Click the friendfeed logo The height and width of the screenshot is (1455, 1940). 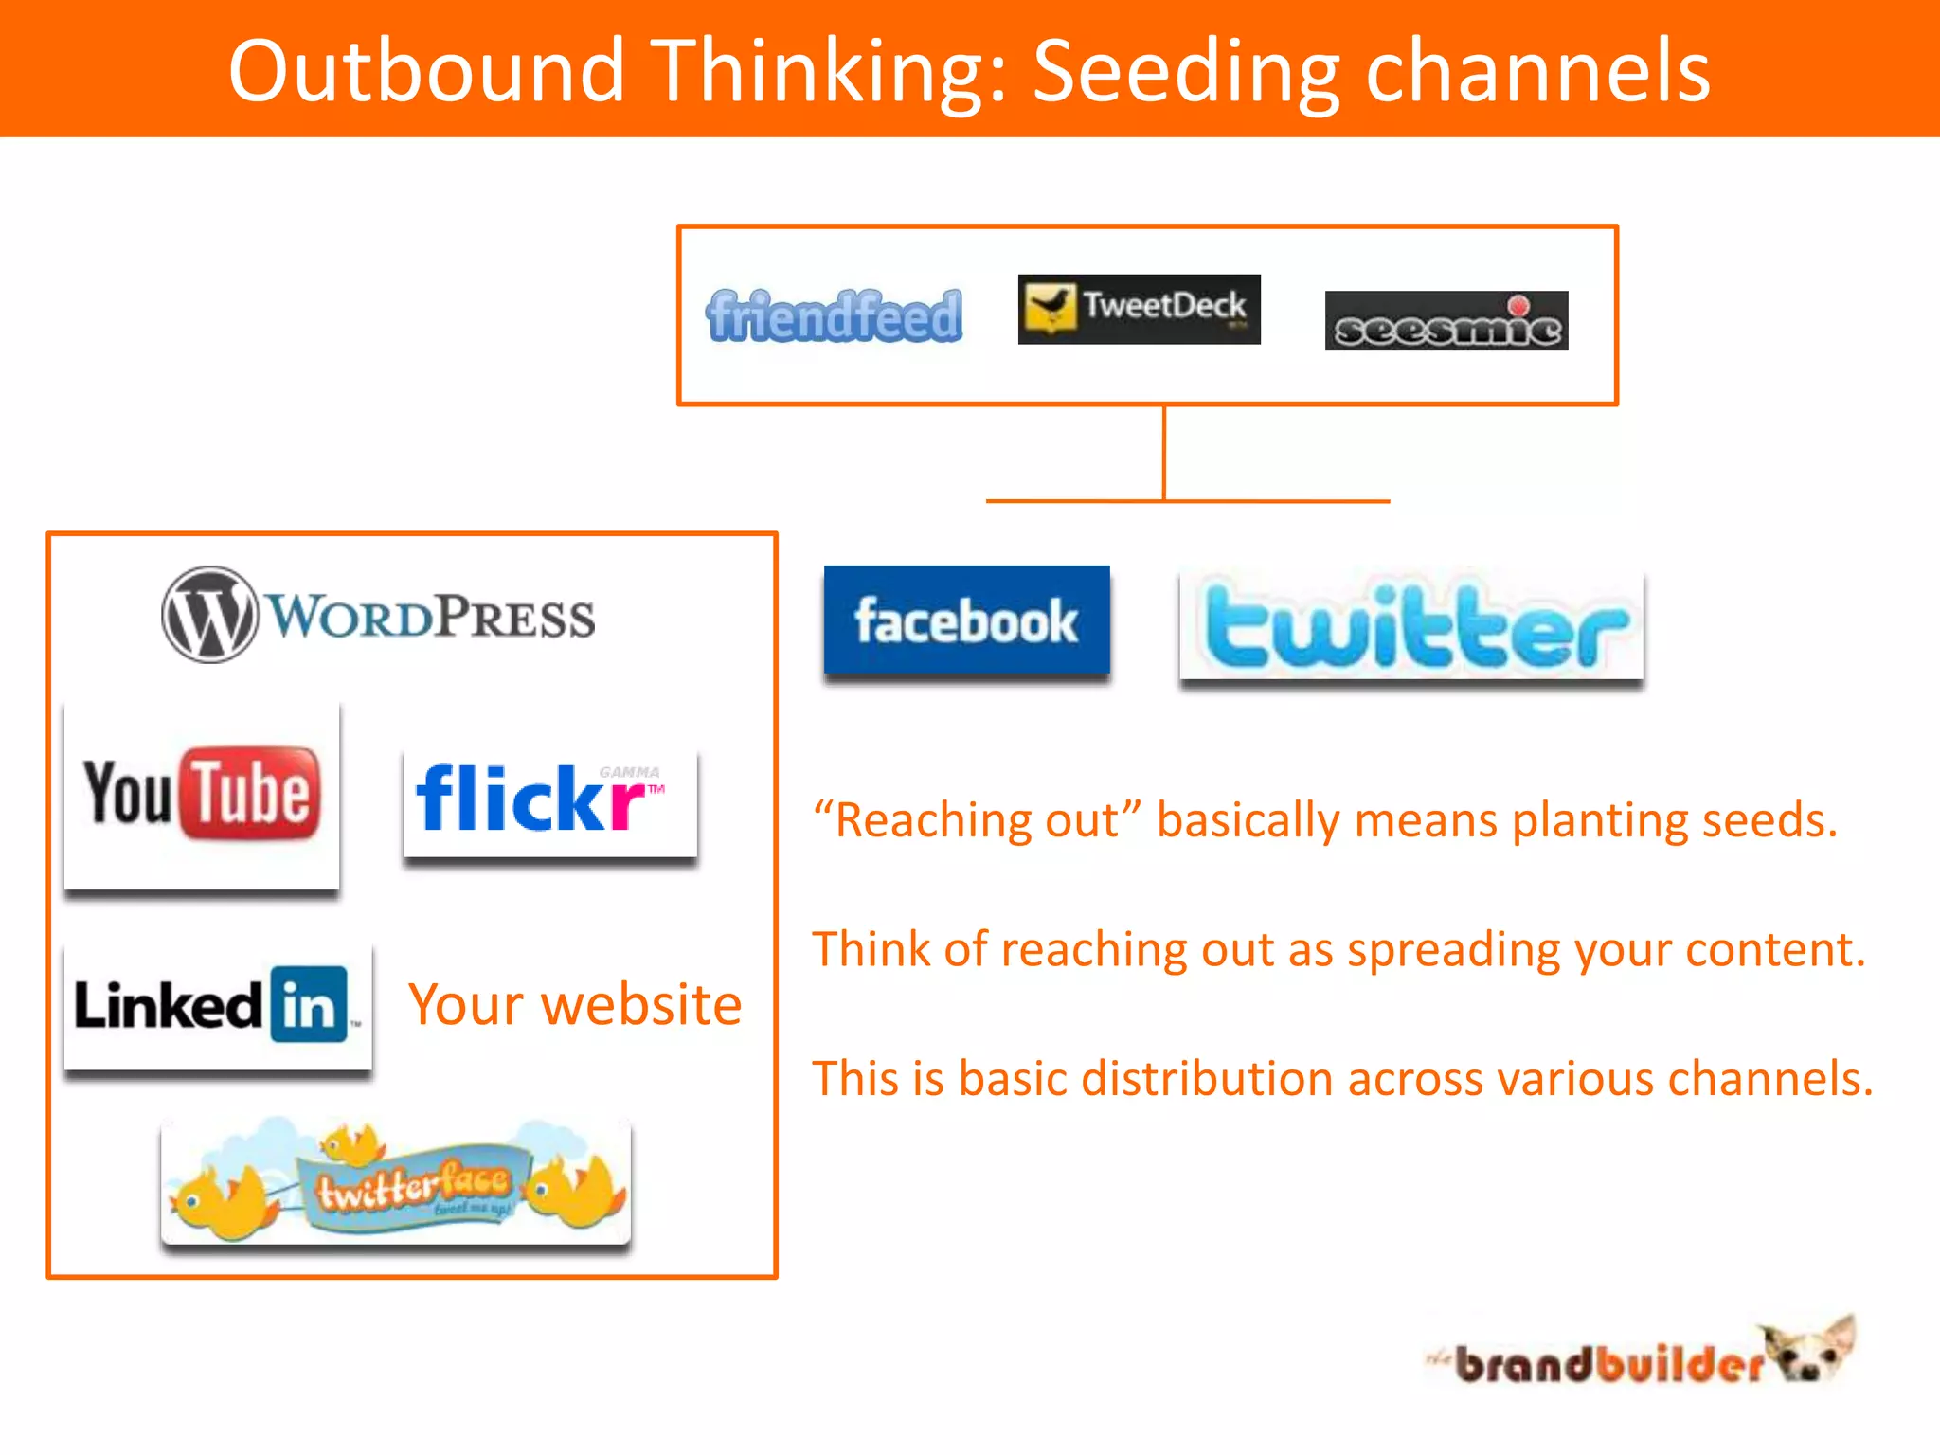(834, 315)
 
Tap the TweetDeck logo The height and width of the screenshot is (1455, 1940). (1139, 309)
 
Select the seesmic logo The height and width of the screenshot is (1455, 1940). (1446, 322)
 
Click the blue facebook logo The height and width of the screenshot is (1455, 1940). (966, 620)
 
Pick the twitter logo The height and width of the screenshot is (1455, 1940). (1410, 626)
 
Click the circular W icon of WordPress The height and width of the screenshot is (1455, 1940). (209, 615)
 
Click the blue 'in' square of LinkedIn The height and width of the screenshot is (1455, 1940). (309, 1004)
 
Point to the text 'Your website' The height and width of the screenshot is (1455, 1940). (575, 1004)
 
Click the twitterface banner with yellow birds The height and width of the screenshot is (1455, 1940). (396, 1182)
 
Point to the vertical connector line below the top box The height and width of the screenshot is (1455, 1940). (1164, 453)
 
